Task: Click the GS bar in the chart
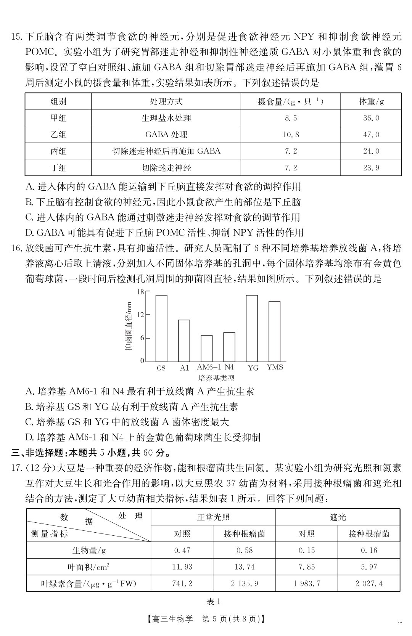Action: click(x=161, y=328)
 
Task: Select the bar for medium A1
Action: click(x=184, y=340)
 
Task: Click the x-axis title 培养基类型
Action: click(x=216, y=378)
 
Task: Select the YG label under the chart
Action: click(x=253, y=368)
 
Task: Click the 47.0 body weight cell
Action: click(x=371, y=135)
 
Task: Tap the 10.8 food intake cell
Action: click(x=291, y=135)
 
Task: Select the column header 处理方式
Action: click(x=166, y=101)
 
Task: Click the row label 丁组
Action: click(x=58, y=168)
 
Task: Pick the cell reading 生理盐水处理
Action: click(x=166, y=118)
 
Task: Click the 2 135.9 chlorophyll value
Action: click(x=244, y=583)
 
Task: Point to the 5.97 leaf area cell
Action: click(x=369, y=567)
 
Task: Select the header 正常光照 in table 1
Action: click(x=213, y=517)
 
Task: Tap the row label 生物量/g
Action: click(x=89, y=550)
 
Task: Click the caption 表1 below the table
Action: click(x=213, y=602)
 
